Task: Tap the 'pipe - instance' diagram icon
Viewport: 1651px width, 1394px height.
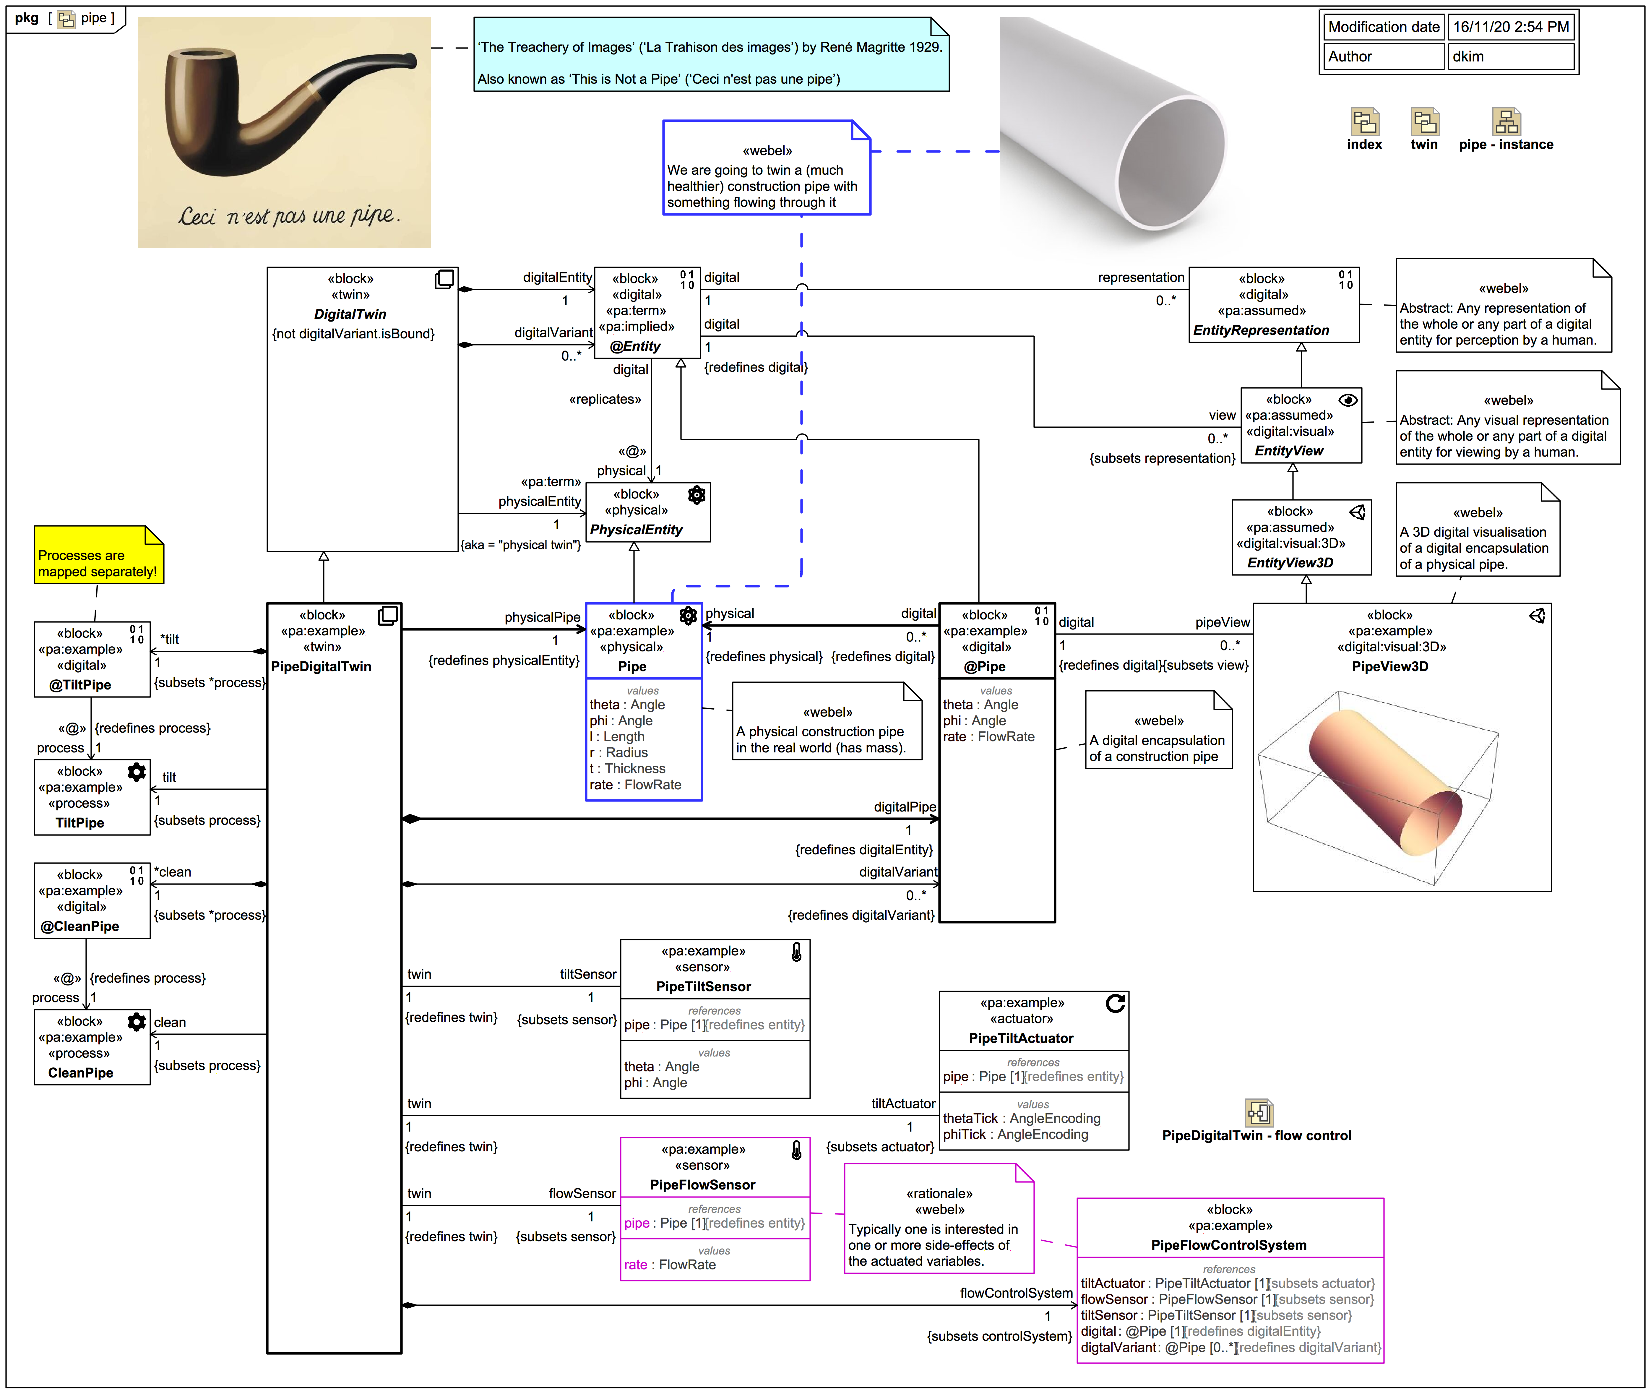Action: click(x=1506, y=122)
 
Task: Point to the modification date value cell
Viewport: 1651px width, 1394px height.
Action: click(x=1509, y=27)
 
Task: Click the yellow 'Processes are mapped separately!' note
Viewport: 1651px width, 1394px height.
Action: click(x=98, y=556)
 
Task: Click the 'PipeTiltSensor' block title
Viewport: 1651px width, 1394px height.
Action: click(x=703, y=986)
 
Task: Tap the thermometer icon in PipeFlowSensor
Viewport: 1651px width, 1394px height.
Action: click(x=797, y=1150)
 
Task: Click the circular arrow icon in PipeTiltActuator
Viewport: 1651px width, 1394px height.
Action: click(x=1115, y=1004)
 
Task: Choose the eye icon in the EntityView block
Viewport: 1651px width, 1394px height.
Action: click(x=1348, y=400)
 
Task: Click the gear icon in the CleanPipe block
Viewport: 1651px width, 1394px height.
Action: click(x=137, y=1022)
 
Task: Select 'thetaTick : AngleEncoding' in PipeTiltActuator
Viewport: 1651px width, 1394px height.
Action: click(x=1021, y=1118)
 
